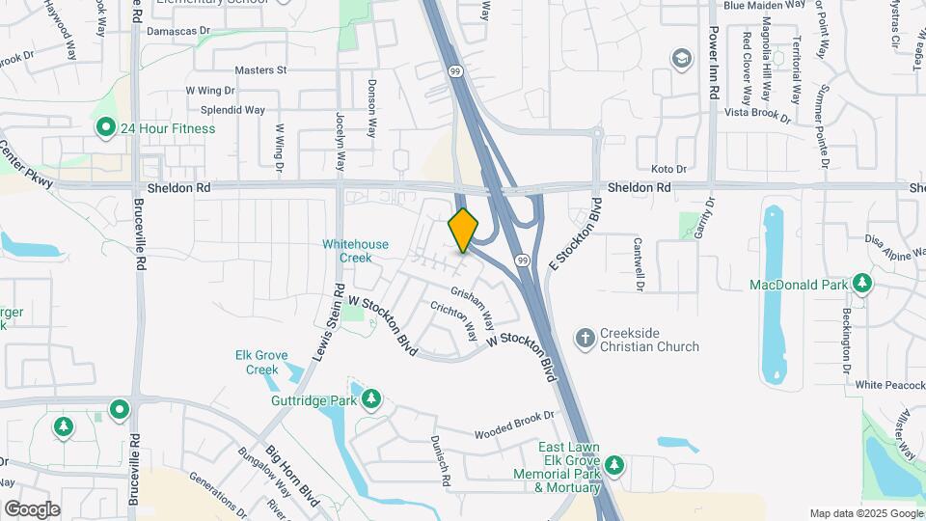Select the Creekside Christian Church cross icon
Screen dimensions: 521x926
point(585,338)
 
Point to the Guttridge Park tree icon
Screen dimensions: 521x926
point(370,398)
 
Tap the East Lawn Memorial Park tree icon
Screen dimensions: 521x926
point(614,467)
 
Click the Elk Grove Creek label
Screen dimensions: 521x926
point(262,362)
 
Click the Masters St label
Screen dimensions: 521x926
point(261,70)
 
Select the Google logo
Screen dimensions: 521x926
point(32,508)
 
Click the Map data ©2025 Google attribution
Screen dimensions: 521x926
point(865,513)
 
